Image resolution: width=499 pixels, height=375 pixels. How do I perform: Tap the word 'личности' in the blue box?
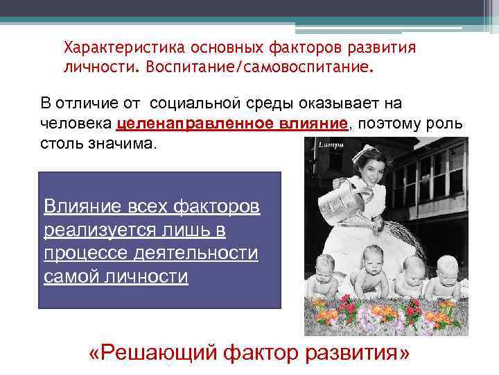[x=151, y=277]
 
